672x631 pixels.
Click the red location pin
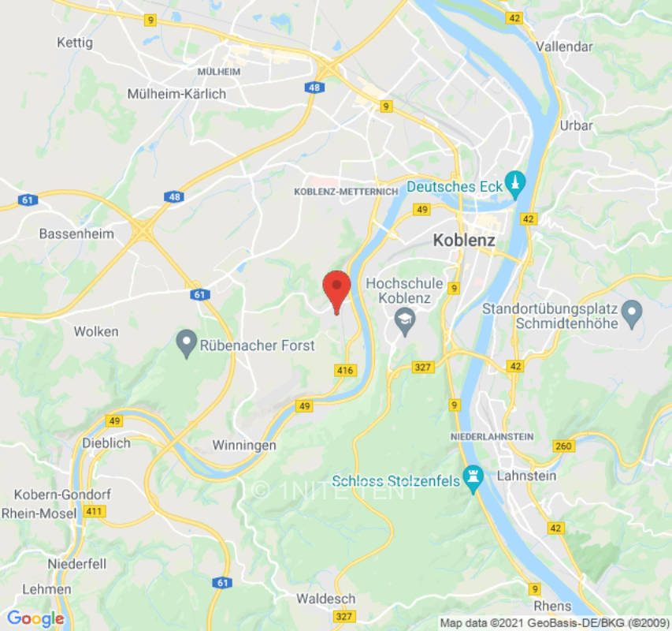pos(337,289)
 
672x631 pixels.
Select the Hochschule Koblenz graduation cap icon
pos(405,321)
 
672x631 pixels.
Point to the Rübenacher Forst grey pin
pos(186,343)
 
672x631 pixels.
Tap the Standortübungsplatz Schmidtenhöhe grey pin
pos(631,313)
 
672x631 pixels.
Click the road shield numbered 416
pos(345,370)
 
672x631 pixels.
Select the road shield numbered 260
pos(563,446)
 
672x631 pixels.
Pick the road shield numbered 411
pos(95,512)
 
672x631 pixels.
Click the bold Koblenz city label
pos(464,241)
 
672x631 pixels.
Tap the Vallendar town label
pos(564,47)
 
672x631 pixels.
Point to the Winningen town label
pos(244,446)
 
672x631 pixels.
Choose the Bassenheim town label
pos(76,234)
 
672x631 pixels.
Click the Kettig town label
pos(75,42)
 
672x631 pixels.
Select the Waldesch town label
pos(326,599)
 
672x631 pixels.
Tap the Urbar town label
pos(576,125)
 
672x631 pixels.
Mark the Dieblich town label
pos(105,443)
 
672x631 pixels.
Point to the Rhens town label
pos(552,606)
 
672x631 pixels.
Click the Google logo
pos(35,619)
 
